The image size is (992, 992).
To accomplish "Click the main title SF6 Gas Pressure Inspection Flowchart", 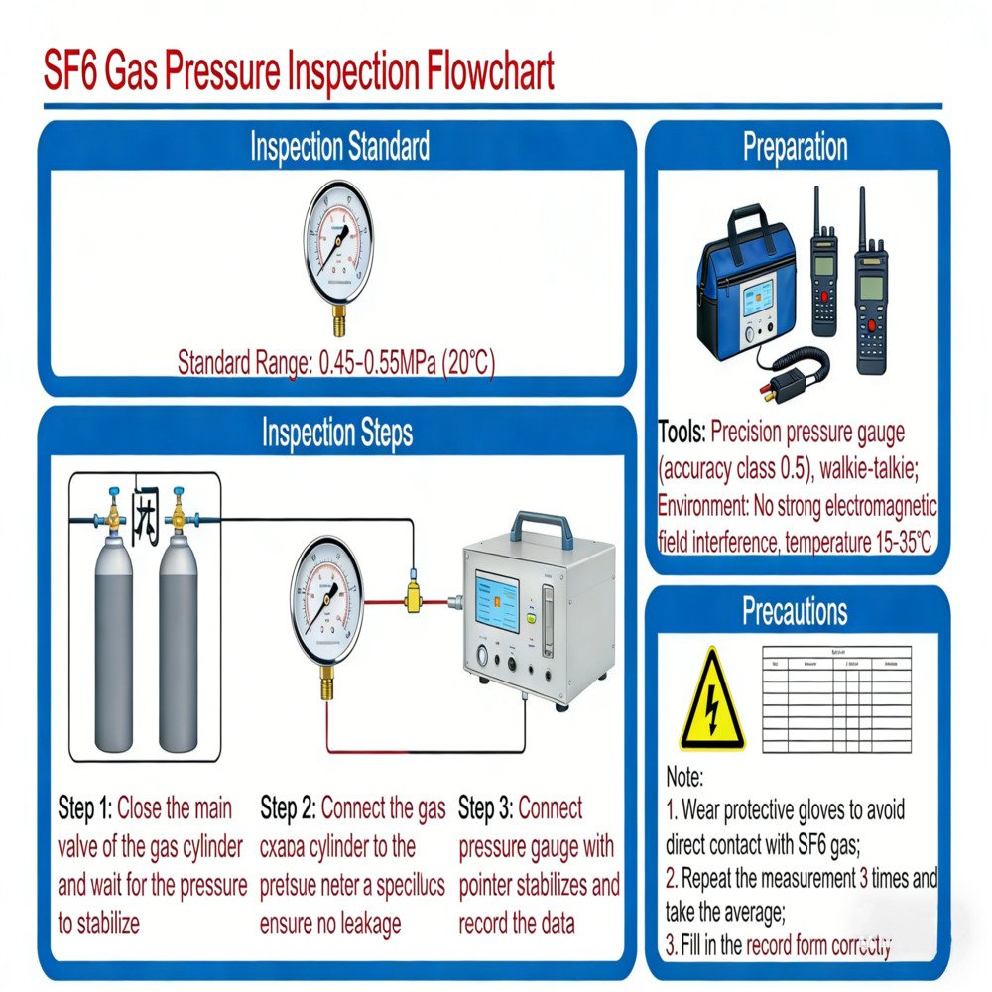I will pyautogui.click(x=299, y=73).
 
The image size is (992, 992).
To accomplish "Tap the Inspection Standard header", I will pyautogui.click(x=339, y=147).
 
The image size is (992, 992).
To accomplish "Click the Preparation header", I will pyautogui.click(x=795, y=147).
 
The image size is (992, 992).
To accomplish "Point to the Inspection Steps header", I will pyautogui.click(x=337, y=433).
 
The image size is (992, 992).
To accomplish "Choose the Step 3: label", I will pyautogui.click(x=485, y=808).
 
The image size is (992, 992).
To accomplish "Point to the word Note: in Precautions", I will pyautogui.click(x=684, y=777).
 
